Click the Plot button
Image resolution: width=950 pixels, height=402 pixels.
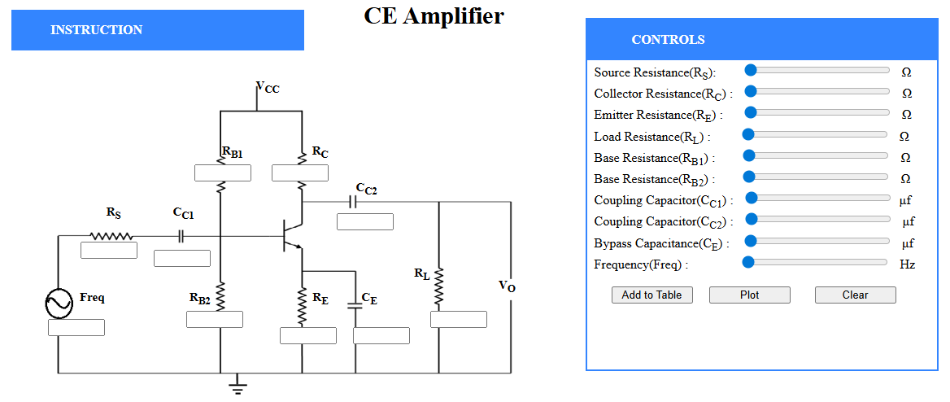pos(749,295)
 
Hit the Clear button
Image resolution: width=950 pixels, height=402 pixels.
pos(855,295)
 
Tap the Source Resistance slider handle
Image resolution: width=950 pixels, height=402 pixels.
pos(752,71)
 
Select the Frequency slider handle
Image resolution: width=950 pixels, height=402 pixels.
pos(748,262)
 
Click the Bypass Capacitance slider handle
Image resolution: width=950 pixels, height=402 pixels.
pos(752,241)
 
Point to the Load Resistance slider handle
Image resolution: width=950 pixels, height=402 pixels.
pos(748,134)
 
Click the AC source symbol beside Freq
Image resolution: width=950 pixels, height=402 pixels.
pos(59,304)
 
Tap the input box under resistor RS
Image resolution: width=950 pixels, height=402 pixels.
pos(109,251)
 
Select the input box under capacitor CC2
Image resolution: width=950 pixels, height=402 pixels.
pos(364,221)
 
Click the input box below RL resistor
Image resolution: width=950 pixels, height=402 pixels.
pos(458,319)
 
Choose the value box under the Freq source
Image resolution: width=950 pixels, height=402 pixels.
pos(76,327)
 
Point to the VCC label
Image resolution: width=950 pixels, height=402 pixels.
pos(268,88)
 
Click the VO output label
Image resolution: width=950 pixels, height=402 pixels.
pos(507,286)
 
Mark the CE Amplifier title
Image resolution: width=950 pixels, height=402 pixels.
pos(434,15)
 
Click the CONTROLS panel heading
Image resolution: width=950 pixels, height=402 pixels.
pos(668,40)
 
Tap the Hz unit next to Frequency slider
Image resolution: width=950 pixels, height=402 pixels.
pos(907,264)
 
